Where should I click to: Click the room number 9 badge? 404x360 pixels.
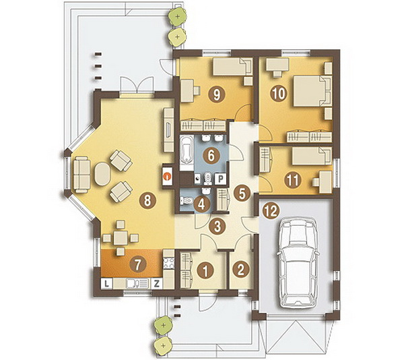(x=217, y=95)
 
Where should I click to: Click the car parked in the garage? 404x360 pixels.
(x=298, y=263)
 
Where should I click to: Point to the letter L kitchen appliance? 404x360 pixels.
(x=106, y=284)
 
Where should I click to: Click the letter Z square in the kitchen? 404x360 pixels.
(x=156, y=284)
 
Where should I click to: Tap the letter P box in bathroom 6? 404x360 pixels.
(x=220, y=179)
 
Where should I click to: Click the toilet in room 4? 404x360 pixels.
(x=187, y=200)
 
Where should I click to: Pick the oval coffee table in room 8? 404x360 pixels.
(x=102, y=173)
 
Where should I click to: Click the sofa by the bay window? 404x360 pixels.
(x=81, y=174)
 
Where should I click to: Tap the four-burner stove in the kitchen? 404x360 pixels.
(x=169, y=263)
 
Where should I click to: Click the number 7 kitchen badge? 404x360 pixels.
(x=138, y=264)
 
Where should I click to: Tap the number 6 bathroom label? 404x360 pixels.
(x=211, y=155)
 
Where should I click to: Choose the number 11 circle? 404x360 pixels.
(x=293, y=180)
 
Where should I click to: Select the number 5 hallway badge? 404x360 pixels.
(x=242, y=193)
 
